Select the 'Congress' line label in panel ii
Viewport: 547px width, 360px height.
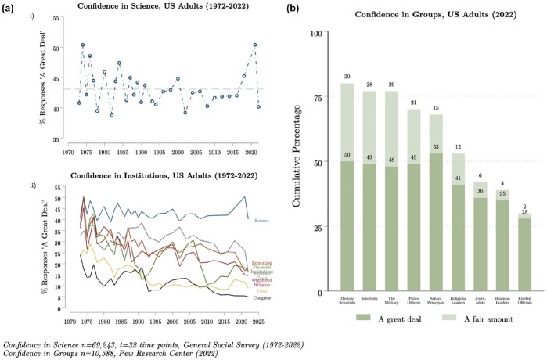coord(261,297)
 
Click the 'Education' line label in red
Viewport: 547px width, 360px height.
coord(262,264)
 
